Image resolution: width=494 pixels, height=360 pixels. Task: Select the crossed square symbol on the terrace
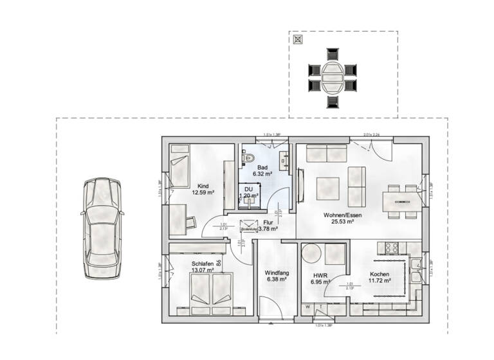pos(298,39)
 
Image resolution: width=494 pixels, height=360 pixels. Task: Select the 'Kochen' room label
pos(379,273)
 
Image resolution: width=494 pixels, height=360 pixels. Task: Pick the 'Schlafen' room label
pos(203,263)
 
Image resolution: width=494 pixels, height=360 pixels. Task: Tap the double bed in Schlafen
pos(212,289)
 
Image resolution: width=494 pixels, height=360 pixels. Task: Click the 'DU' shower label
pos(248,189)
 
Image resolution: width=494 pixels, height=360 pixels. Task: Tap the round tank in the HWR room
pos(334,255)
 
